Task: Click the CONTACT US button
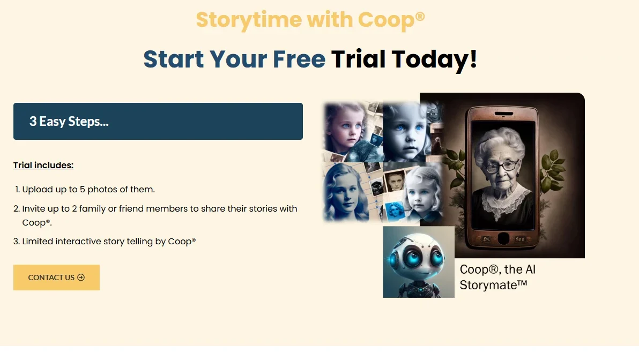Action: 56,277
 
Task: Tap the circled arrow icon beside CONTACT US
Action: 81,277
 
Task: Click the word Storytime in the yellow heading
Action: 249,20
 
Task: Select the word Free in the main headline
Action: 299,59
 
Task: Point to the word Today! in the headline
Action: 434,59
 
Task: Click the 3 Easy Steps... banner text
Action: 69,122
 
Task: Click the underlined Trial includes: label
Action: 43,166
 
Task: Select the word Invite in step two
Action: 34,208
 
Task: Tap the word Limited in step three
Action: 38,241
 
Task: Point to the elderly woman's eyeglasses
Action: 502,167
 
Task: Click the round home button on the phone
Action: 503,238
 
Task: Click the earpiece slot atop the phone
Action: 504,113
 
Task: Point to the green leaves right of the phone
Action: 553,171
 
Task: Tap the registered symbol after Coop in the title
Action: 420,16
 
